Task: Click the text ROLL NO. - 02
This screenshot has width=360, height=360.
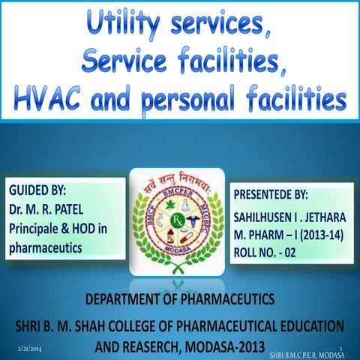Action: [268, 250]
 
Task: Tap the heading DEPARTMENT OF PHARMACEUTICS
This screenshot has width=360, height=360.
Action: [180, 301]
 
